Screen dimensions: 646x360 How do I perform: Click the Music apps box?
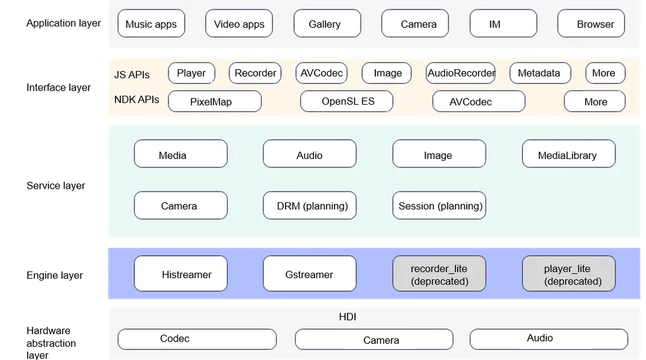151,23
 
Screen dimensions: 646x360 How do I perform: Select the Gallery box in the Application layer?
327,23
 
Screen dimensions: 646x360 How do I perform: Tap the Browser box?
591,23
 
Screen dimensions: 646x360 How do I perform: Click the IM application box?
503,23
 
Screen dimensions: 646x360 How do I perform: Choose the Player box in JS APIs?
192,73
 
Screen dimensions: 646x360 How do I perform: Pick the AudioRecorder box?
461,73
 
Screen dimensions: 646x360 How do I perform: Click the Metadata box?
540,73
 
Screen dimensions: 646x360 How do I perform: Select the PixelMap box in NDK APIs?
214,101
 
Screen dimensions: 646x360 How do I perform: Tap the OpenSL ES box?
346,101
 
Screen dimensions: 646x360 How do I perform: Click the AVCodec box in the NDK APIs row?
479,101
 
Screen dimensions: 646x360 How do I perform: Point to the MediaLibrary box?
568,154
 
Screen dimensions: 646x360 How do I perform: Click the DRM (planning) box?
310,206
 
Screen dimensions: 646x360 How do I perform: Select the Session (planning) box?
439,206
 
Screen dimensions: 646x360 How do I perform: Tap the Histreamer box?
181,273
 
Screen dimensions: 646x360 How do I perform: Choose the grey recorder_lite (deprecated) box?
439,273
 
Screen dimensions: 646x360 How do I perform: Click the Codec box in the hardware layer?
197,339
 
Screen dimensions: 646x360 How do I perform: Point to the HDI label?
348,317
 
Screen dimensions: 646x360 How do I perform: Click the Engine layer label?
54,275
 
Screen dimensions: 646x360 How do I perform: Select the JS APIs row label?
132,74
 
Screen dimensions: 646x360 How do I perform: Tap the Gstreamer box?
310,273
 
